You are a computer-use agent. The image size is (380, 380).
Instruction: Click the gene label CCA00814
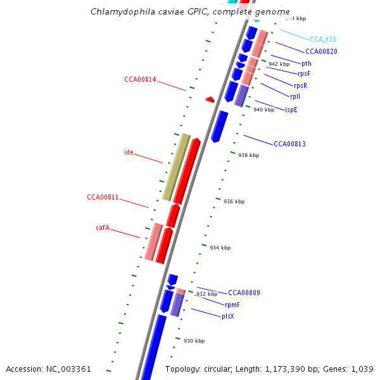[140, 79]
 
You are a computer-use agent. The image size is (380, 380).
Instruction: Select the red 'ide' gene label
[129, 152]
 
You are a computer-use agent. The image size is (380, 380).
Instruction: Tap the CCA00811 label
[103, 198]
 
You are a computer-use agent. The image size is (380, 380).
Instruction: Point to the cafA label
[103, 227]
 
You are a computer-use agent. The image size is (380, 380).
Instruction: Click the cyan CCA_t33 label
[323, 39]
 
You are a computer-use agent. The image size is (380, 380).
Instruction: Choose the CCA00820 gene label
[321, 52]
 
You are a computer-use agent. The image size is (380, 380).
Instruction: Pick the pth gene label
[307, 63]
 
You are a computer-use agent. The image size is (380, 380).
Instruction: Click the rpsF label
[304, 74]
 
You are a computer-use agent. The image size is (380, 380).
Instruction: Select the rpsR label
[300, 85]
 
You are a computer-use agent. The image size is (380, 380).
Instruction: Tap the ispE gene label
[291, 110]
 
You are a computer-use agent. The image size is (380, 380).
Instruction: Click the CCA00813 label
[289, 144]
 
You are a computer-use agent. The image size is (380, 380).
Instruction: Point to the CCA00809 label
[244, 293]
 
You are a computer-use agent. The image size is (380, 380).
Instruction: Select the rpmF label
[232, 305]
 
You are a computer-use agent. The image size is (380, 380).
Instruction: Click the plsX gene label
[228, 316]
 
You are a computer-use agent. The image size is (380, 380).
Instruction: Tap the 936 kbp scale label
[233, 201]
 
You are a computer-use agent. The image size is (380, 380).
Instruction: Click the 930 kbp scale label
[194, 341]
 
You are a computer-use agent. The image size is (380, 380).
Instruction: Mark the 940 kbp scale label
[263, 110]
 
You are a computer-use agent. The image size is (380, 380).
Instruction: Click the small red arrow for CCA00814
[210, 99]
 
